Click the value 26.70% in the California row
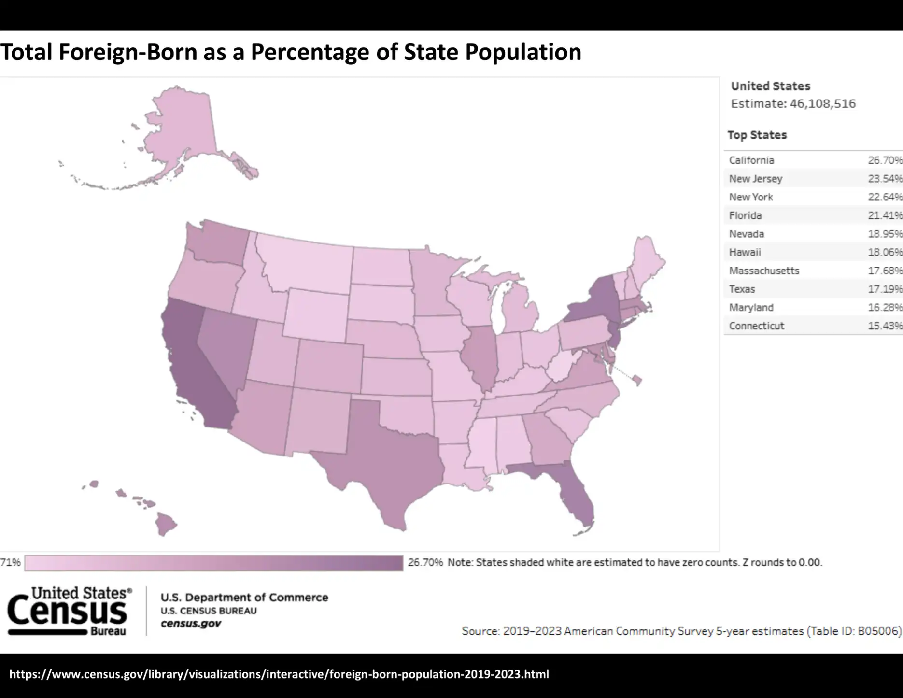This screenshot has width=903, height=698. coord(885,160)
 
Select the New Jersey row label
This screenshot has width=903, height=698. coord(755,179)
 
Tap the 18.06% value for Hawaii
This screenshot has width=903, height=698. coord(885,252)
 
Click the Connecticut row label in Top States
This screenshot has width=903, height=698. coord(756,326)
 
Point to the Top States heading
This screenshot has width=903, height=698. coord(757,135)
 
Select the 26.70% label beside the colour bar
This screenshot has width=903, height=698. coord(425,562)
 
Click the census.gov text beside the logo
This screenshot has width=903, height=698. coord(191,624)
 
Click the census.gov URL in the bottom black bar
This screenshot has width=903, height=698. coord(279,674)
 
